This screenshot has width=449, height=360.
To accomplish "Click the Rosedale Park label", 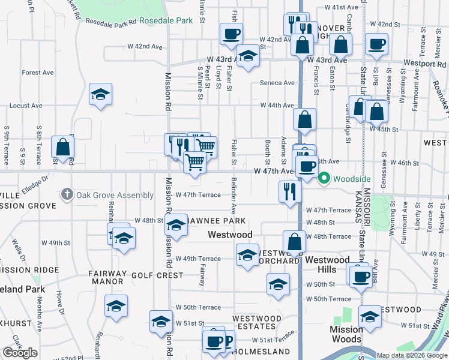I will tap(166, 20).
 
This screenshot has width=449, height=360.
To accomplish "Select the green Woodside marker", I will tap(324, 178).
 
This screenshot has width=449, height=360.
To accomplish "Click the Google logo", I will tap(20, 353).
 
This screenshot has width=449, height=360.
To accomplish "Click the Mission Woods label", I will tap(346, 334).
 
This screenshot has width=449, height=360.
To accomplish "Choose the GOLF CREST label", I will tap(161, 275).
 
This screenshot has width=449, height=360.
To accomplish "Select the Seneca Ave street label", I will tap(277, 83).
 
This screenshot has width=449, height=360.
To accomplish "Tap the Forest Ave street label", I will tap(38, 73).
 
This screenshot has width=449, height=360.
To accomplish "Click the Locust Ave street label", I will tap(26, 106).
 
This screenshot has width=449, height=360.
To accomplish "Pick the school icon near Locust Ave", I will tap(101, 94).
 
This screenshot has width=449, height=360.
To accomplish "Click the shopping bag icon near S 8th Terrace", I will tap(62, 146).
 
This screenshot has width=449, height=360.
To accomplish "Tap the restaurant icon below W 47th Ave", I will tap(289, 192).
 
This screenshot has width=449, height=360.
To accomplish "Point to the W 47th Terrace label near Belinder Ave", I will tap(199, 195).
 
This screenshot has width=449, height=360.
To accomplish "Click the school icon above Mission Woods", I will tap(370, 316).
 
